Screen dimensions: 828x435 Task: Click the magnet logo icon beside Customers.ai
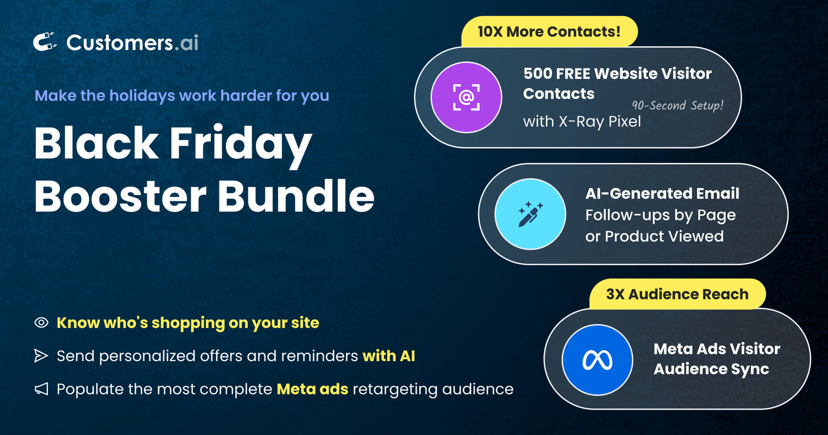pyautogui.click(x=45, y=42)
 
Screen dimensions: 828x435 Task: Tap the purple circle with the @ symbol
pyautogui.click(x=466, y=97)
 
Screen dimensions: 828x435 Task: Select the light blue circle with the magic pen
pyautogui.click(x=530, y=214)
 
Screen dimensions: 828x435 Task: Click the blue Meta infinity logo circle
pyautogui.click(x=597, y=360)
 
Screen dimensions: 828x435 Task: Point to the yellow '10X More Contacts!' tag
pyautogui.click(x=549, y=32)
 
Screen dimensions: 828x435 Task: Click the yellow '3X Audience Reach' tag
pyautogui.click(x=677, y=294)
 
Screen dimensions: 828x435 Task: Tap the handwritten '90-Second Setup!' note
pyautogui.click(x=677, y=105)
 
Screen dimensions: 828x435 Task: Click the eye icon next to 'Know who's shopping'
pyautogui.click(x=41, y=322)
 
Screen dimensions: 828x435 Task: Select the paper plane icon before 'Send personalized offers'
pyautogui.click(x=41, y=356)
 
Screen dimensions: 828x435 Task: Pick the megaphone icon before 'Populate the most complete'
pyautogui.click(x=41, y=389)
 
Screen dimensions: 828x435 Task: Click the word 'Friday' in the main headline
pyautogui.click(x=241, y=146)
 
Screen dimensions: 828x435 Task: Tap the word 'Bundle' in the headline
pyautogui.click(x=296, y=196)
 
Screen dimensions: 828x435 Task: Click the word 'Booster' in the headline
pyautogui.click(x=120, y=196)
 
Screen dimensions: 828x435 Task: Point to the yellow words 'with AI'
pyautogui.click(x=388, y=356)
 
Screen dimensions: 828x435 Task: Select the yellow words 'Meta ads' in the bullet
pyautogui.click(x=312, y=389)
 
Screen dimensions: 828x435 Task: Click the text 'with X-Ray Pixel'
pyautogui.click(x=582, y=121)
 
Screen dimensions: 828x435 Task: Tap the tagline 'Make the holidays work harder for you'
pyautogui.click(x=182, y=96)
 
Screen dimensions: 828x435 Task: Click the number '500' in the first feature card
pyautogui.click(x=537, y=73)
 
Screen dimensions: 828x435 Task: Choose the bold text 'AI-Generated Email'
pyautogui.click(x=662, y=194)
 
